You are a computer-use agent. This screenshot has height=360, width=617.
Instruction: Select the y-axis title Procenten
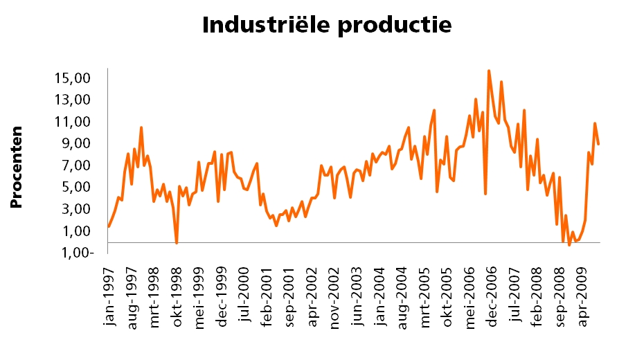[x=18, y=168]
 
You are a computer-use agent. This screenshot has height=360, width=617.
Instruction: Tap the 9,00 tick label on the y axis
[x=77, y=143]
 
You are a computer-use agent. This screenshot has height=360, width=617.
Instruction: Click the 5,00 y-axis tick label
[x=77, y=187]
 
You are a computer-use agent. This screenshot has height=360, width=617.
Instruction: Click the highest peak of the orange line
[x=489, y=71]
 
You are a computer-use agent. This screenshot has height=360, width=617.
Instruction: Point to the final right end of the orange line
[x=598, y=143]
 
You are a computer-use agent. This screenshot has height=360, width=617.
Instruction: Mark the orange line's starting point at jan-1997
[x=109, y=226]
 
